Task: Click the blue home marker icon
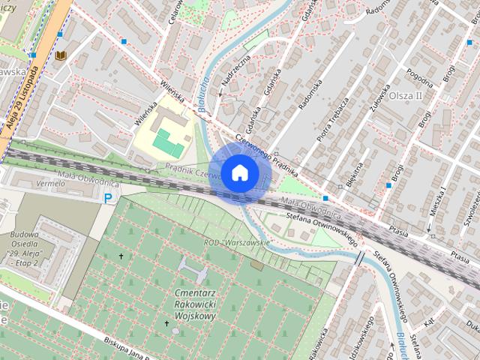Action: tap(238, 172)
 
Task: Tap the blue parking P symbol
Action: tap(109, 199)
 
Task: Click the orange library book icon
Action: tap(61, 55)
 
